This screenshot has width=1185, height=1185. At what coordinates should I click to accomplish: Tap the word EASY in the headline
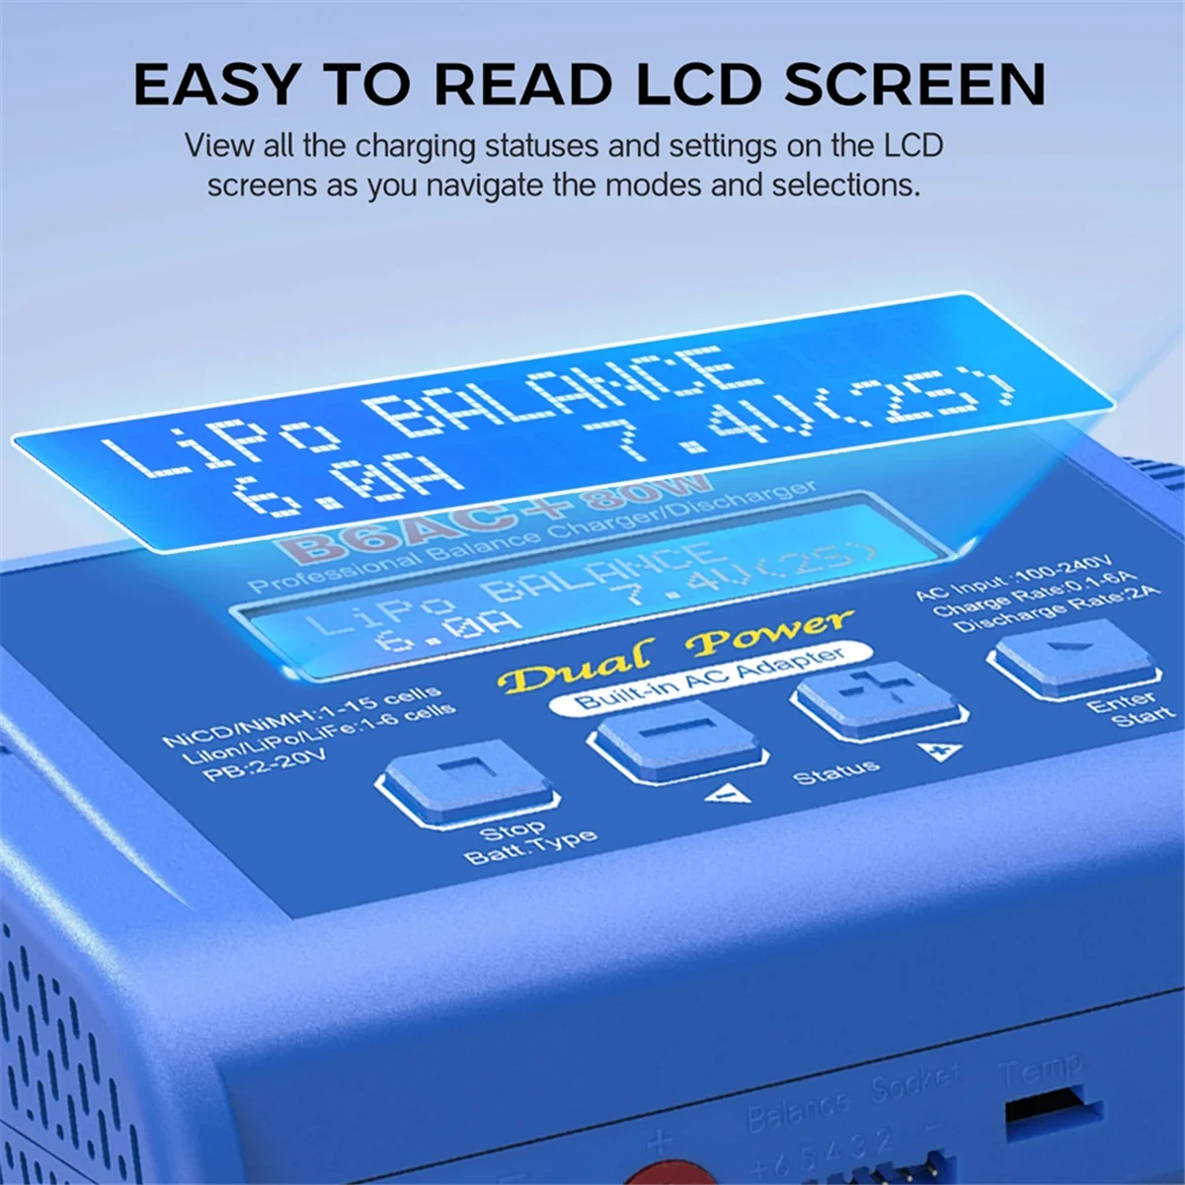[x=214, y=84]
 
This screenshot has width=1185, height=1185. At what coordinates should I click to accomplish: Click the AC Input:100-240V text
[x=1012, y=578]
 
